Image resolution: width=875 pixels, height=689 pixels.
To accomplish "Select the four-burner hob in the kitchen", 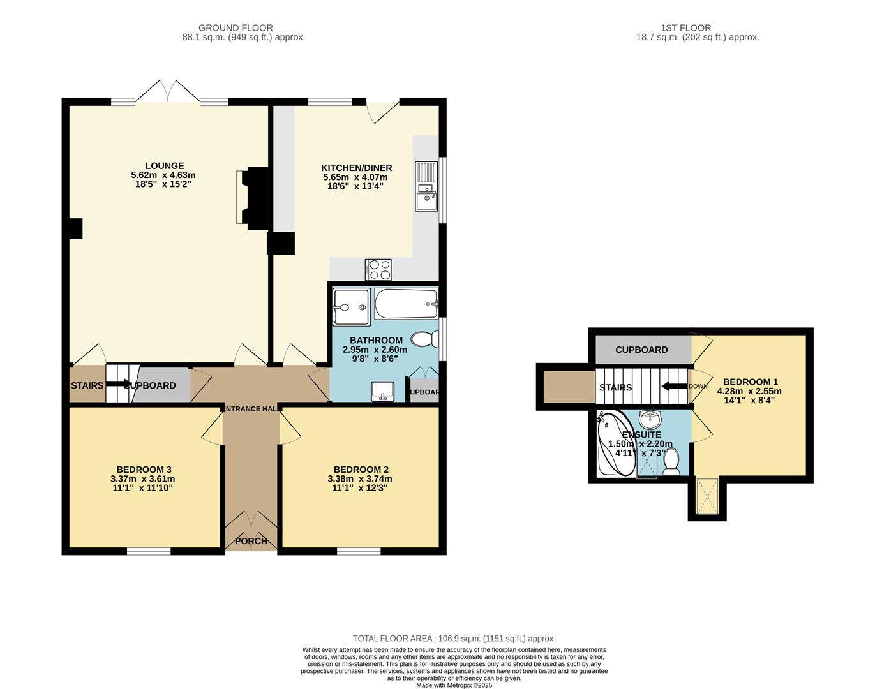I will (x=378, y=269).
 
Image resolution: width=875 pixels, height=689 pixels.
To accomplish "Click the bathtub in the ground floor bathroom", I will (x=406, y=304).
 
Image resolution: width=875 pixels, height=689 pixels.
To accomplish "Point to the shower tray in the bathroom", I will (x=351, y=306).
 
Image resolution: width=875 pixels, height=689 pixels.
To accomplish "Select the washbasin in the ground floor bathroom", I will (x=383, y=391).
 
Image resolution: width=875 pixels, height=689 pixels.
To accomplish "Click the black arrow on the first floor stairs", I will (x=674, y=386).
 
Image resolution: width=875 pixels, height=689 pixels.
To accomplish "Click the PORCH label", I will (x=251, y=541).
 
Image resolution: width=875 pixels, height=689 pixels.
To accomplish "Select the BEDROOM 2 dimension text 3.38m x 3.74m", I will (x=359, y=479).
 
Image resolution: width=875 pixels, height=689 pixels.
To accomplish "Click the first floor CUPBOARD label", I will (x=641, y=350).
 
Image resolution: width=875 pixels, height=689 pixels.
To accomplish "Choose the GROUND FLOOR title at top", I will (x=236, y=27).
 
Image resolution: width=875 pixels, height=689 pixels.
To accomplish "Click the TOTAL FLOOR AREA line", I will (x=454, y=638).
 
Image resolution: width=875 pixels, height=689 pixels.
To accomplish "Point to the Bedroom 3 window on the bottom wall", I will (x=148, y=551).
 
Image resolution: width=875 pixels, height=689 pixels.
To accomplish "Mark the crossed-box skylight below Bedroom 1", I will (x=707, y=496).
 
